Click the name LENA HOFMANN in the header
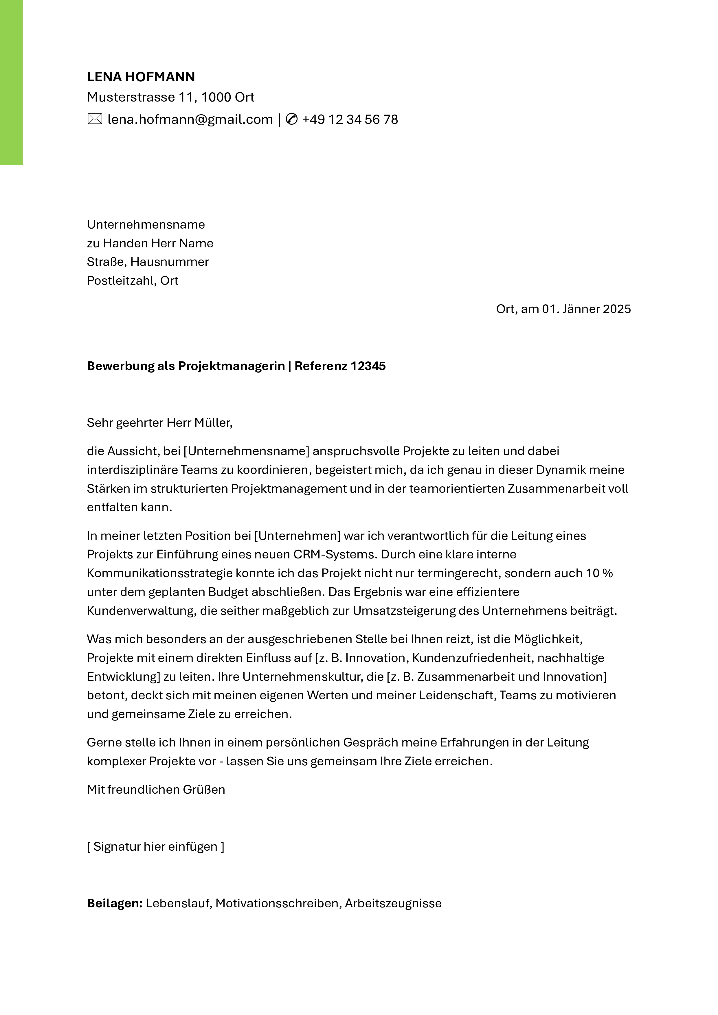click(141, 77)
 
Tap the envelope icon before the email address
click(95, 119)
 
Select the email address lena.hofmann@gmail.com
click(190, 119)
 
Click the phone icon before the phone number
click(292, 119)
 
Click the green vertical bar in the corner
click(11, 82)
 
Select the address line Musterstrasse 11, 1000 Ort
click(171, 97)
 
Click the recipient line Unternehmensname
click(146, 225)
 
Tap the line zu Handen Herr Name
click(150, 243)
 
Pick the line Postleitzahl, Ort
click(133, 281)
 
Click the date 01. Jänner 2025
click(586, 309)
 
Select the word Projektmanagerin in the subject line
click(231, 366)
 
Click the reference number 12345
click(368, 366)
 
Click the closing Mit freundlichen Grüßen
click(156, 790)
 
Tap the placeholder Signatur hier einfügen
click(156, 847)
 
